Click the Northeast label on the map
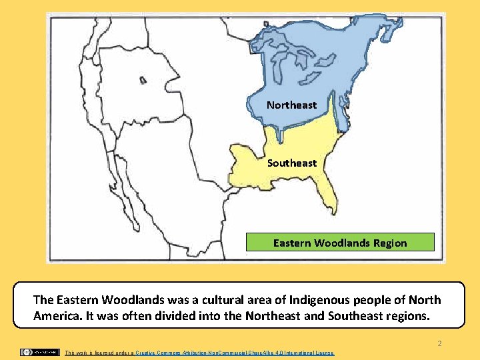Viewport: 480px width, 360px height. point(291,105)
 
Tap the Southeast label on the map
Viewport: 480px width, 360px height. point(292,163)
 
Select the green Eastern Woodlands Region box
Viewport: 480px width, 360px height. point(340,242)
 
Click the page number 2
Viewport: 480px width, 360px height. point(439,343)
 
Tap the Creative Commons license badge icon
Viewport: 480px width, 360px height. point(39,352)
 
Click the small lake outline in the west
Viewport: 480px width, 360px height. point(143,80)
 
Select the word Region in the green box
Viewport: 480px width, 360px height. point(390,243)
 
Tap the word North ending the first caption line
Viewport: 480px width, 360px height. point(425,300)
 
